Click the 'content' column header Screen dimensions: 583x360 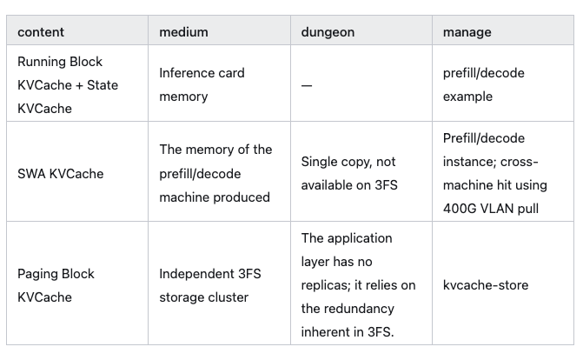pyautogui.click(x=41, y=32)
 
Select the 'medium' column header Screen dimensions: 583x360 pyautogui.click(x=183, y=32)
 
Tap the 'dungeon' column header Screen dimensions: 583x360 pyautogui.click(x=328, y=32)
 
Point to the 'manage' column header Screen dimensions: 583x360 pyautogui.click(x=467, y=32)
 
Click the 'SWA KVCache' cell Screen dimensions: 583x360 pyautogui.click(x=61, y=174)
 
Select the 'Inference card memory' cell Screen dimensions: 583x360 pyautogui.click(x=202, y=84)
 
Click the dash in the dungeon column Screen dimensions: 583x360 pyautogui.click(x=307, y=85)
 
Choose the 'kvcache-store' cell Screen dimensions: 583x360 pyautogui.click(x=486, y=285)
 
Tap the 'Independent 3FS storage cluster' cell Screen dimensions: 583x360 pyautogui.click(x=210, y=285)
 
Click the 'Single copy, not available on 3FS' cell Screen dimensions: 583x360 pyautogui.click(x=349, y=174)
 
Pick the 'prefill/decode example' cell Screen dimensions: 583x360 pyautogui.click(x=483, y=84)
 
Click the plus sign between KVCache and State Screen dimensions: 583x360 pyautogui.click(x=79, y=85)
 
